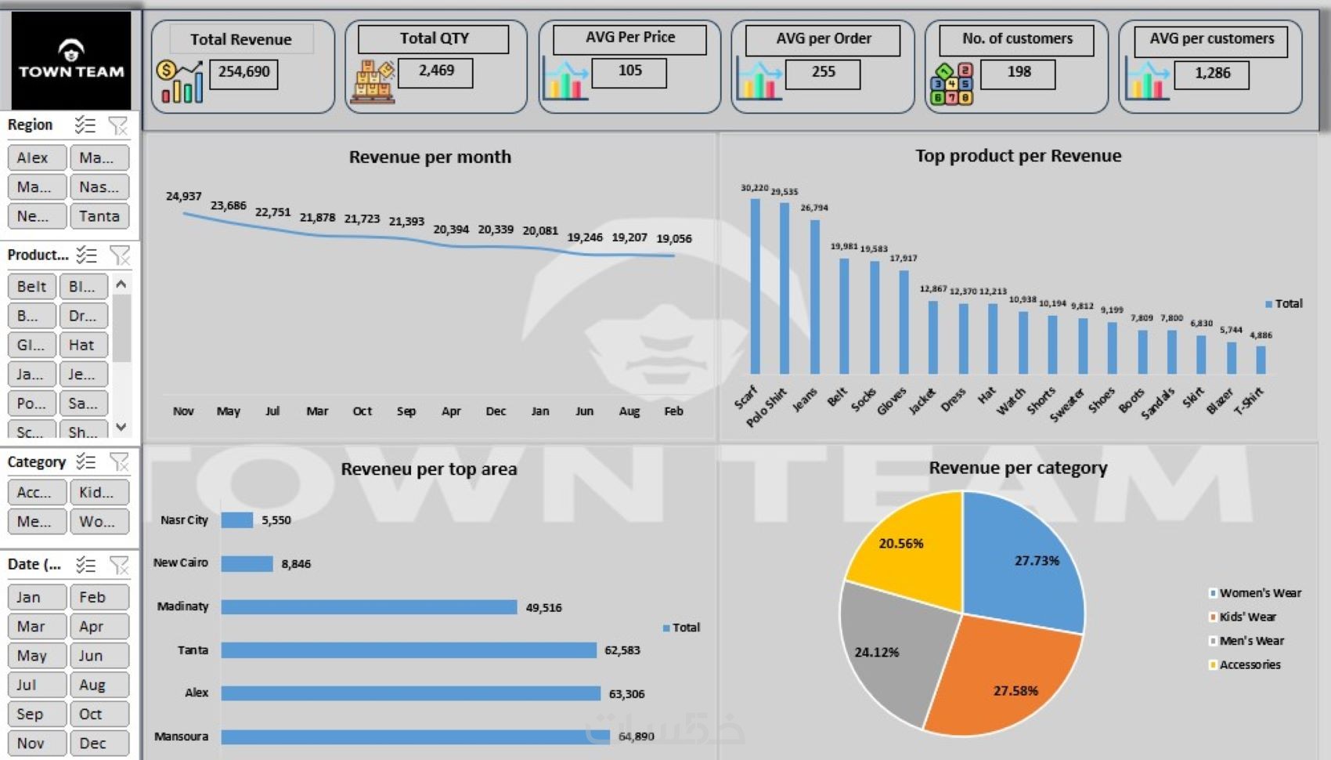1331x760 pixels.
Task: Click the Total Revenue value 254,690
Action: pyautogui.click(x=243, y=72)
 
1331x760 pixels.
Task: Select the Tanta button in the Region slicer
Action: pyautogui.click(x=99, y=216)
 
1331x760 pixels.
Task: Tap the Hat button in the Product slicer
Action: pyautogui.click(x=81, y=345)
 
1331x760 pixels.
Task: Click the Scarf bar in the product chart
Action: pyautogui.click(x=755, y=286)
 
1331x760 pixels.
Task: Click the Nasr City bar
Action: pyautogui.click(x=236, y=520)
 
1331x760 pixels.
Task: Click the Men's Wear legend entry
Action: pyautogui.click(x=1251, y=641)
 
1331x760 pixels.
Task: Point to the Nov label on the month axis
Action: pyautogui.click(x=183, y=411)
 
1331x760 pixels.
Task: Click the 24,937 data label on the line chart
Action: pyautogui.click(x=183, y=196)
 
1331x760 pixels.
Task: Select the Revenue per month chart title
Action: pyautogui.click(x=430, y=157)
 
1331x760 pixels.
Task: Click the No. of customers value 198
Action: pyautogui.click(x=1019, y=72)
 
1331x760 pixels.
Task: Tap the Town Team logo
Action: pyautogui.click(x=71, y=60)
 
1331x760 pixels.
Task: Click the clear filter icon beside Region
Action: pyautogui.click(x=117, y=125)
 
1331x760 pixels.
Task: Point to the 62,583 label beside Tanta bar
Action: pyautogui.click(x=622, y=650)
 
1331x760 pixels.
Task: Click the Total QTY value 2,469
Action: pyautogui.click(x=436, y=71)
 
